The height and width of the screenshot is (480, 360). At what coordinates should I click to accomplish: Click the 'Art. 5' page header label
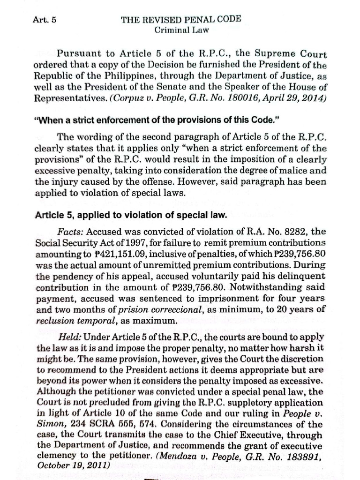click(45, 20)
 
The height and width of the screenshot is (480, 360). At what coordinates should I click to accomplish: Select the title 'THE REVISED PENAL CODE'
click(181, 20)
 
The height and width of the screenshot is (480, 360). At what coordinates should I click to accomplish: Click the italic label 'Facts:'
click(71, 232)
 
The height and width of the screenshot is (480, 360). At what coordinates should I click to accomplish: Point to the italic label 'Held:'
click(70, 337)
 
